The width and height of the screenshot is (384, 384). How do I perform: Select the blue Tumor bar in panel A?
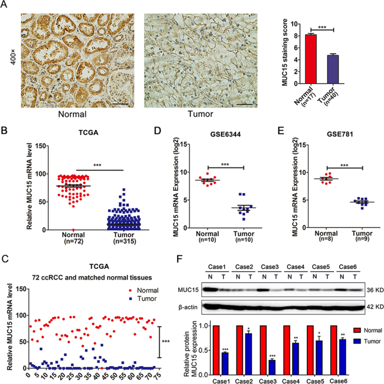pos(334,70)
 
